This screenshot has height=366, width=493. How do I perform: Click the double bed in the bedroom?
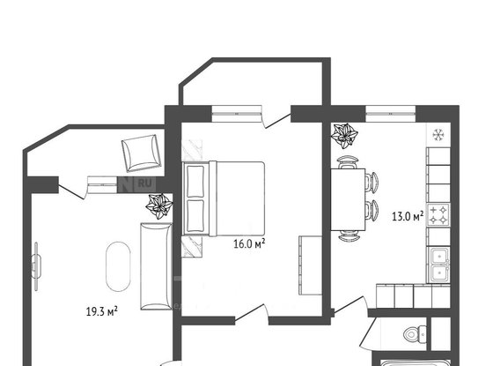pos(224,198)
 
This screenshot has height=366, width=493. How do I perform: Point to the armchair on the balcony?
pos(140,153)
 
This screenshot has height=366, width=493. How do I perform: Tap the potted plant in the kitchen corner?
pos(344,136)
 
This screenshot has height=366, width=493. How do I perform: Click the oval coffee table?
pos(115,266)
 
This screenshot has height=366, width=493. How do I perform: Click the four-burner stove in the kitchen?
pos(438,214)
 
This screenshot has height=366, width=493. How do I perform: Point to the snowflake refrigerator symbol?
pos(438,134)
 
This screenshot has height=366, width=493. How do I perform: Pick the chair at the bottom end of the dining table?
pos(349,235)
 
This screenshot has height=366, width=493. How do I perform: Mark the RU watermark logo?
pos(141,183)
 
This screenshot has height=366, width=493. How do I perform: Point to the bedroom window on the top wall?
pos(237,110)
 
